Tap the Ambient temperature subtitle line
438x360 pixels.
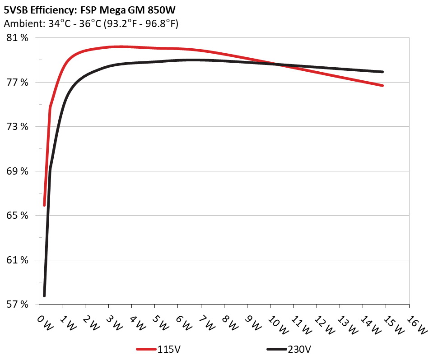(x=91, y=24)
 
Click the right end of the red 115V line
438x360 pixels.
(x=383, y=85)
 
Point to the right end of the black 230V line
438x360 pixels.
(x=383, y=72)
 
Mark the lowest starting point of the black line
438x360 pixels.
(x=44, y=296)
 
